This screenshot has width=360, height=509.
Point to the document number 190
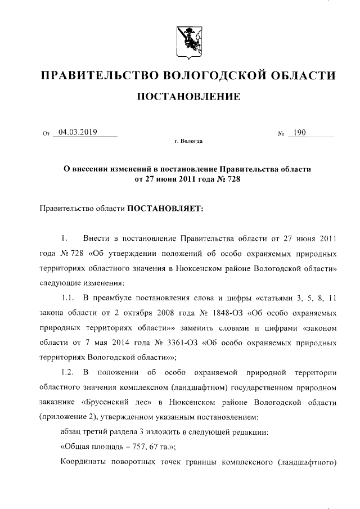tap(298, 133)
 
